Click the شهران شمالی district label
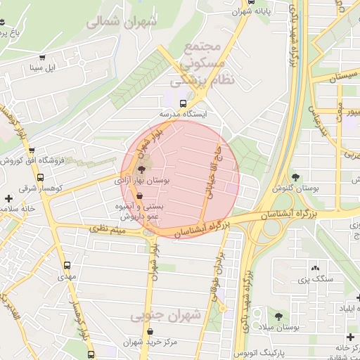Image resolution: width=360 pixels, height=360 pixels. click(x=122, y=22)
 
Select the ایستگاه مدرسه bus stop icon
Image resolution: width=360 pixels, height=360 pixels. click(x=184, y=103)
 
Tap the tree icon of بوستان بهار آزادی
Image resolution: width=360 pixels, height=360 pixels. click(x=141, y=169)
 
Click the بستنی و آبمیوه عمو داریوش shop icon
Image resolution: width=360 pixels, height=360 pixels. click(x=149, y=196)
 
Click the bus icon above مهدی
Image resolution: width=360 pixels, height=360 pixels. click(x=67, y=266)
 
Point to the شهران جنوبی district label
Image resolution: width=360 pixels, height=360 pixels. click(x=165, y=315)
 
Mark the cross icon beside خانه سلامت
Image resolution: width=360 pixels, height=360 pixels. click(x=8, y=199)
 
